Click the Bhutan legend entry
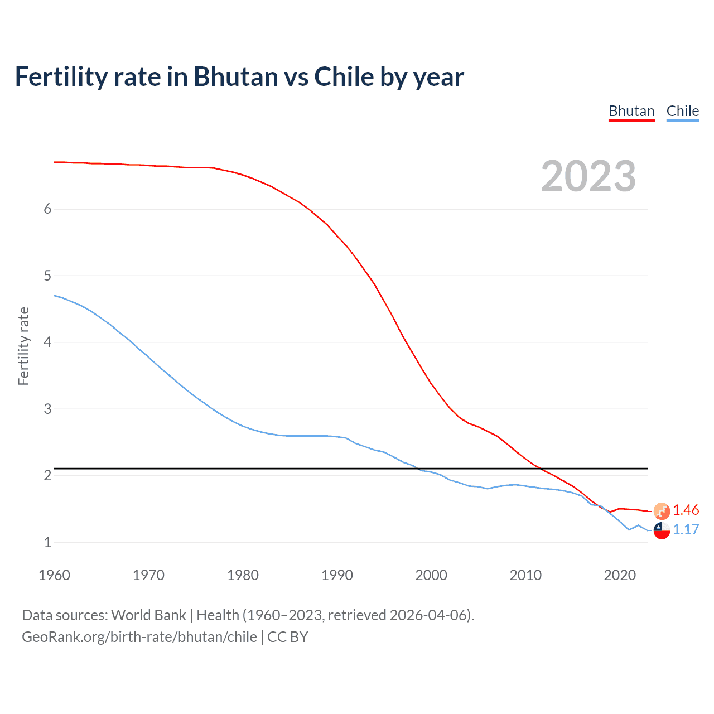point(631,111)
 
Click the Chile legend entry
point(683,111)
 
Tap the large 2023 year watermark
point(588,176)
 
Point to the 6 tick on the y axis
point(47,209)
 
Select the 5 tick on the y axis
point(47,276)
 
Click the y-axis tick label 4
point(47,342)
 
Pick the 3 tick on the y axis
point(47,409)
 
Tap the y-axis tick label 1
point(47,542)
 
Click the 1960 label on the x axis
point(54,575)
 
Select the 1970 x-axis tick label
point(148,575)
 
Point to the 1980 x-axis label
point(243,575)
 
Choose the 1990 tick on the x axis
point(337,575)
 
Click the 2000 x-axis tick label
point(431,575)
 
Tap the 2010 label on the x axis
point(525,575)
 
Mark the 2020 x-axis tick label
point(620,575)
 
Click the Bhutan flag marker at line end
point(662,511)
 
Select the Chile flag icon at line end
point(662,530)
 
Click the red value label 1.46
point(686,510)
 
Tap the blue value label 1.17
point(686,530)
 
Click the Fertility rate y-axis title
point(23,346)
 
